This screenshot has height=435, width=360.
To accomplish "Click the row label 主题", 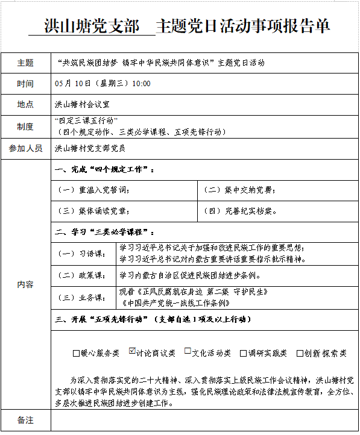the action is pos(25,63).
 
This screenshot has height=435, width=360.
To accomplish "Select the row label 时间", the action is pos(25,83).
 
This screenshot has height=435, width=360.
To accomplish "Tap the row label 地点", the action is pos(25,104).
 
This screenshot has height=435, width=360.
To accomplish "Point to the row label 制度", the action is pos(25,126).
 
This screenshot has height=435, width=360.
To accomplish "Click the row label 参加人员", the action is pos(25,148).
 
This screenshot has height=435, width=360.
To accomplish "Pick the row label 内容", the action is pos(25,284).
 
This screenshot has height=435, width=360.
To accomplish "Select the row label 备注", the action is pos(25,419).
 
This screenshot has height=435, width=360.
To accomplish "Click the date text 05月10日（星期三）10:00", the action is pos(103,83).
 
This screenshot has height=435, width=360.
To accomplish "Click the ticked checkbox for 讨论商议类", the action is pos(133,352).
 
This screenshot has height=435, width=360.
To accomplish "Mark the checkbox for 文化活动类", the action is pos(188,352).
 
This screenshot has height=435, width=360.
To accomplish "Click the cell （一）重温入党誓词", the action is pos(93,190).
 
